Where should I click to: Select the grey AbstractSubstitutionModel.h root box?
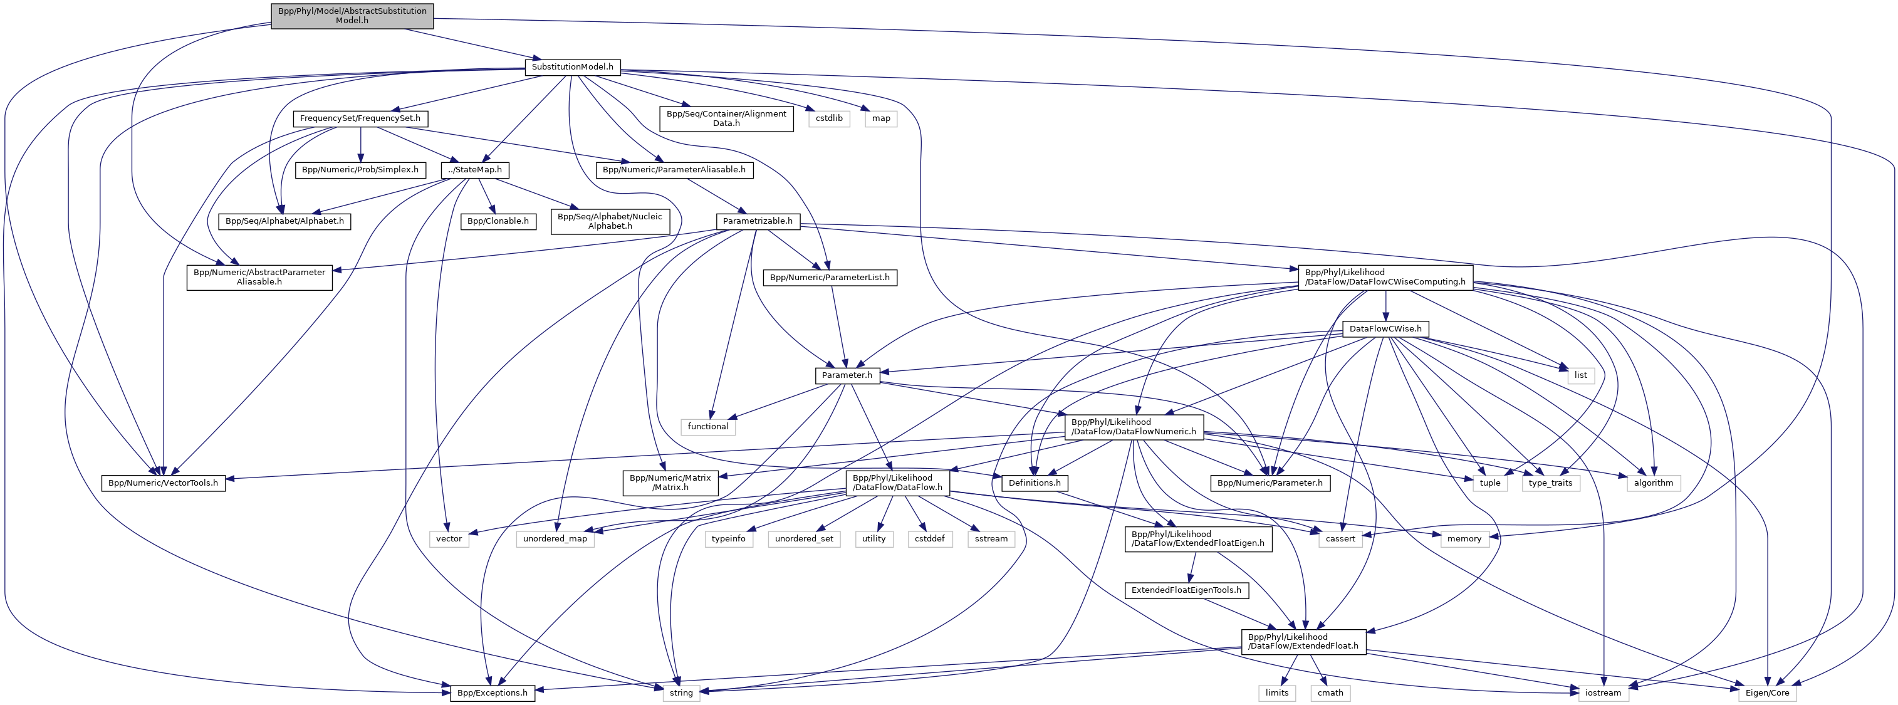[x=352, y=16]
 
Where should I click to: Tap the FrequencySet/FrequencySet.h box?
[x=360, y=118]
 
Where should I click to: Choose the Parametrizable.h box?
[x=758, y=221]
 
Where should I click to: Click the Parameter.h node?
[x=847, y=375]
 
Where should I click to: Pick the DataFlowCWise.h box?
[x=1385, y=329]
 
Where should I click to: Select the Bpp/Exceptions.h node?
[x=492, y=693]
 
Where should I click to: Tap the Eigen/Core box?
[x=1767, y=693]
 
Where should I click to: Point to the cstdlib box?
[x=829, y=118]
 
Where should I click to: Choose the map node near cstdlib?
[x=880, y=118]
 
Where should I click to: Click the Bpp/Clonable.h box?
[x=498, y=221]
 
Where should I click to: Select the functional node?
[x=707, y=427]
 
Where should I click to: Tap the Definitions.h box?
[x=1034, y=483]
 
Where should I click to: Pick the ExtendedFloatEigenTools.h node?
[x=1186, y=590]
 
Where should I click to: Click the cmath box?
[x=1330, y=693]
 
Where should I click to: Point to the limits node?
[x=1277, y=693]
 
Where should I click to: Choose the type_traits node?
[x=1550, y=483]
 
